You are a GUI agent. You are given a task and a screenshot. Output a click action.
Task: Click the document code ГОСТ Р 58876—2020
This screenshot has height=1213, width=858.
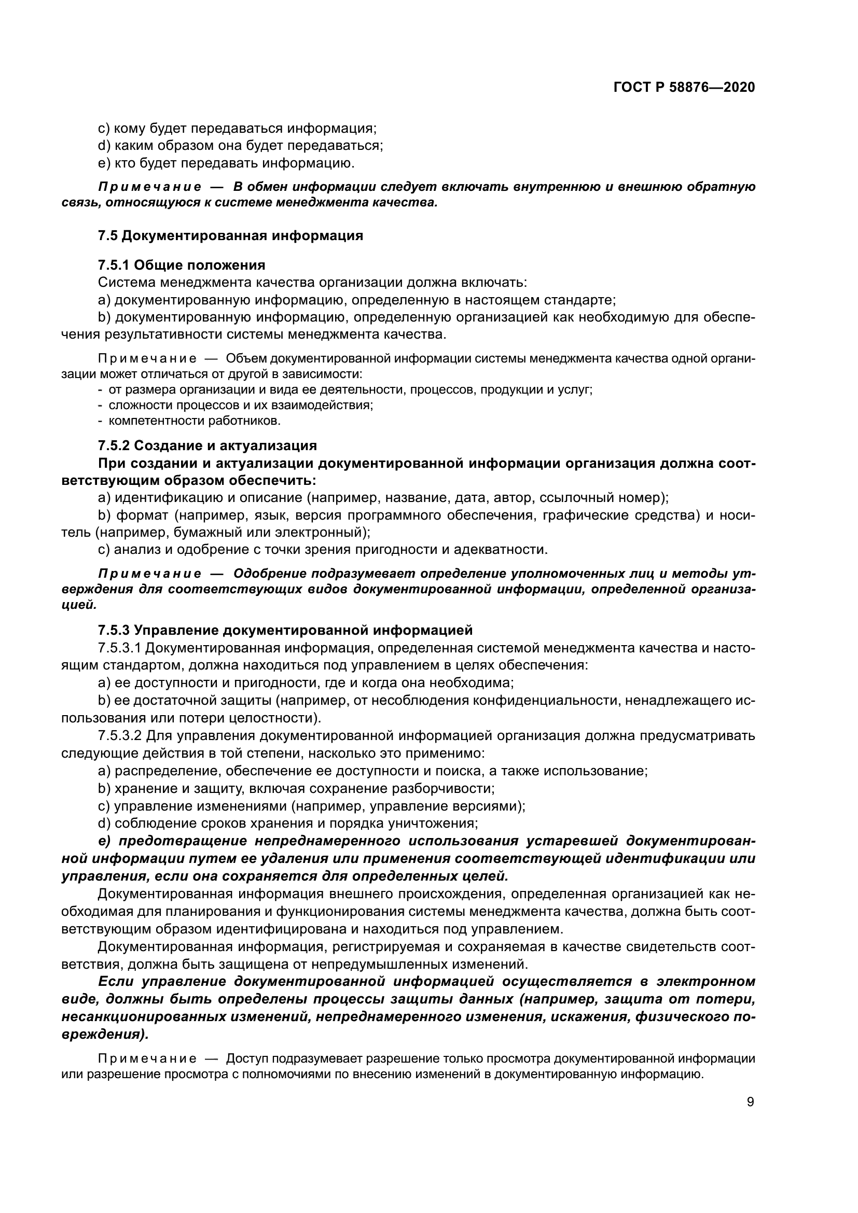click(x=684, y=87)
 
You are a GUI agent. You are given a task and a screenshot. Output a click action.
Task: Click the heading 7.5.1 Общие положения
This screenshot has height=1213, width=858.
click(x=181, y=264)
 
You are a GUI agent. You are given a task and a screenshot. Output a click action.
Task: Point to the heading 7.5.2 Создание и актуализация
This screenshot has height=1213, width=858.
click(x=207, y=445)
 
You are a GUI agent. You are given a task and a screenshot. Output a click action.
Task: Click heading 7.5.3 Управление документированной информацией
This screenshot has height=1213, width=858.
click(x=285, y=630)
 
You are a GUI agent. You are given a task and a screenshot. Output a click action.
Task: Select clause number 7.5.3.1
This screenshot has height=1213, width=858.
click(x=119, y=648)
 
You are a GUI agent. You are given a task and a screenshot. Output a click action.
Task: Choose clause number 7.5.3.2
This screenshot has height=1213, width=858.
click(x=119, y=735)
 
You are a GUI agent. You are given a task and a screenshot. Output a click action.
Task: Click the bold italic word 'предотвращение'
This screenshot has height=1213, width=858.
click(x=184, y=841)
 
